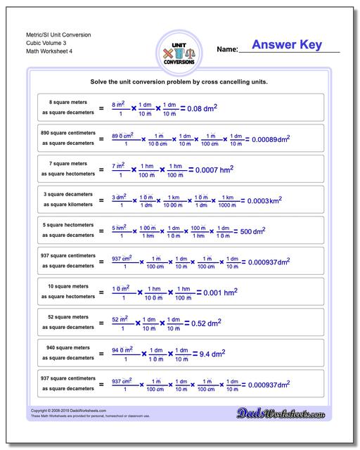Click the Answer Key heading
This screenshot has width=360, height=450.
coord(287,46)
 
